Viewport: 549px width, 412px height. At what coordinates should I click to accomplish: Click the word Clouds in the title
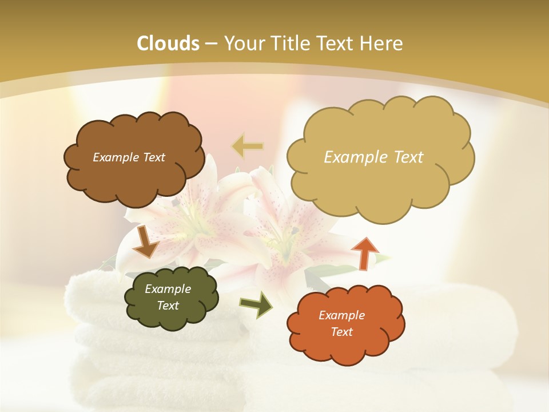tap(168, 43)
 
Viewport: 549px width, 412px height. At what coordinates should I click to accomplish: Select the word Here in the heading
tap(383, 43)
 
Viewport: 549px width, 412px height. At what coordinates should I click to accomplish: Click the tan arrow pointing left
tap(248, 146)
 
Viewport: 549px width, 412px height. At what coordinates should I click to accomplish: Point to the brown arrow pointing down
tap(146, 241)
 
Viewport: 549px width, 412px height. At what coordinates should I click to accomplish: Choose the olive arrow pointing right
tap(256, 304)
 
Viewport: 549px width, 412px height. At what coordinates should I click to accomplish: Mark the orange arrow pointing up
tap(364, 252)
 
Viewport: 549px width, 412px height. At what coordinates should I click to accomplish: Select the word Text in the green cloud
tap(168, 306)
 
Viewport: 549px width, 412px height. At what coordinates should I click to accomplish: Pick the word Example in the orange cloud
tap(341, 315)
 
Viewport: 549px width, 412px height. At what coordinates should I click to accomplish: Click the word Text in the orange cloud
tap(341, 332)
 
